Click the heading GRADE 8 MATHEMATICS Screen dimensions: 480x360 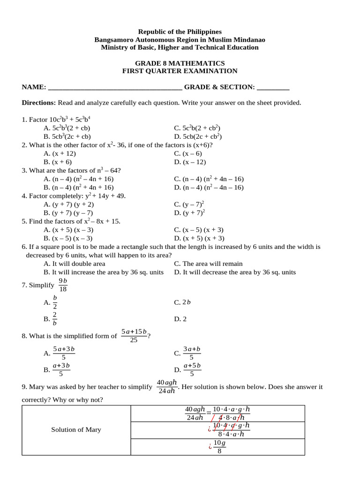pos(180,63)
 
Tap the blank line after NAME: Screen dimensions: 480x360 pos(115,88)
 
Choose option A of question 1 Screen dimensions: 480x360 pos(67,128)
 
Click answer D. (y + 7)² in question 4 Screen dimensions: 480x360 pos(190,213)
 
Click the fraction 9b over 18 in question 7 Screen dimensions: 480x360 pos(63,285)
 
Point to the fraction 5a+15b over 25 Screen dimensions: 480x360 pos(134,336)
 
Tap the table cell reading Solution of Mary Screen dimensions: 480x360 pos(76,430)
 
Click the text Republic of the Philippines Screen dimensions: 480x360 pos(180,31)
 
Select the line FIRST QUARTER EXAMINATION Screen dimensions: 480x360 pos(180,71)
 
